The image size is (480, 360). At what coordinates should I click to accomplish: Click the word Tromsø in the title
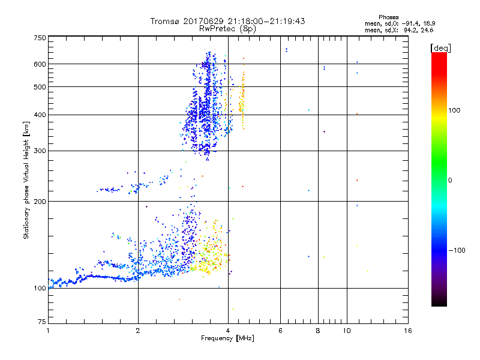coord(164,21)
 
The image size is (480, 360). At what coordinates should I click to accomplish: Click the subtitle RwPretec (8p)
coord(228,28)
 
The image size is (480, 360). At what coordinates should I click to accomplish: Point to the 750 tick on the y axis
coord(40,37)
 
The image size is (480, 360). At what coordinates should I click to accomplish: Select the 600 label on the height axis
coord(40,64)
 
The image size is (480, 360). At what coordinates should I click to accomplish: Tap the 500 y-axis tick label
coord(40,86)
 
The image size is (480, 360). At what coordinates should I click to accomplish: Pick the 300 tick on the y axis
coord(40,151)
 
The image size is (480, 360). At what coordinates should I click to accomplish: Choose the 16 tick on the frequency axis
coord(408,331)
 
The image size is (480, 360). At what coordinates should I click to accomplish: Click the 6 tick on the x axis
coord(280,331)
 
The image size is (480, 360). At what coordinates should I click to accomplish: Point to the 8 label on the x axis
coord(317,331)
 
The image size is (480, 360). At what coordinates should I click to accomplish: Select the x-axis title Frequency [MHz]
coord(227,338)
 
